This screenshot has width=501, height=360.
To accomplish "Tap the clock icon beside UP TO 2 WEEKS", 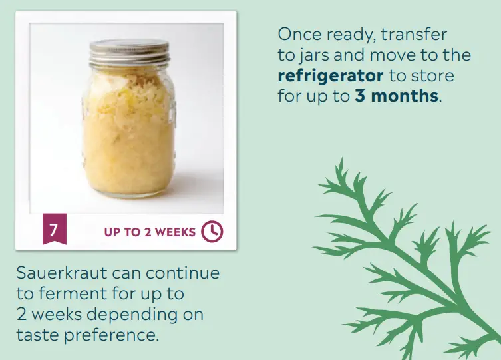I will [212, 231].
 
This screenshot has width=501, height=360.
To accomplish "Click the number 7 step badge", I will [54, 230].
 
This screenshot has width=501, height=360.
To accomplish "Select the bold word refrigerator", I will [331, 75].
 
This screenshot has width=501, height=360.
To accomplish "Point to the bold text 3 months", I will [397, 95].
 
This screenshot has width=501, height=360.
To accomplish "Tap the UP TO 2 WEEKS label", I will [150, 232].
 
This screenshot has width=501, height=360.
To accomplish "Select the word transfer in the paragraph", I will [414, 33].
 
